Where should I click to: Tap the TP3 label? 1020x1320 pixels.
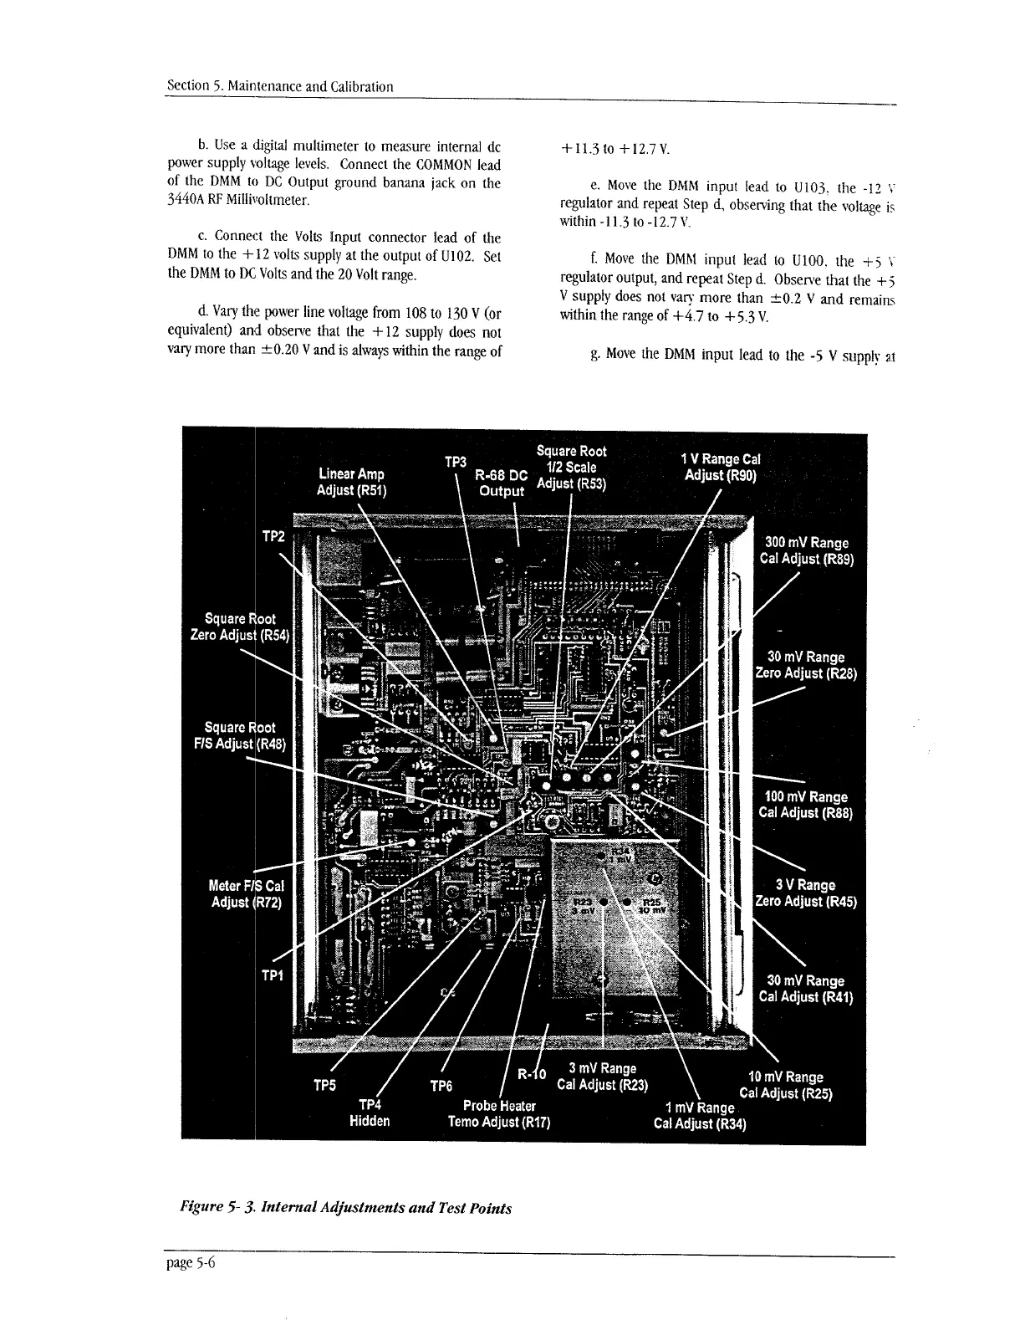(455, 461)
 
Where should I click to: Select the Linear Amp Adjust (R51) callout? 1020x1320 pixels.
(350, 483)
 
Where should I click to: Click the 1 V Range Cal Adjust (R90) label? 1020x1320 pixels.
(720, 468)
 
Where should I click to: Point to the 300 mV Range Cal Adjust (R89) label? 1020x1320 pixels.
(806, 551)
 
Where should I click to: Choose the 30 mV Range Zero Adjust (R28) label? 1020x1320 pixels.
(806, 665)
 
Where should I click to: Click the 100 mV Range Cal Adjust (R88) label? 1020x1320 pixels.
(805, 805)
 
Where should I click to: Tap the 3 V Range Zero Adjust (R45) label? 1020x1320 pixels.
(805, 893)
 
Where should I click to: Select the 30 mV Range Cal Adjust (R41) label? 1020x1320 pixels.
(805, 989)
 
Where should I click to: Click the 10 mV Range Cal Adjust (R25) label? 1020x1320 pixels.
(786, 1085)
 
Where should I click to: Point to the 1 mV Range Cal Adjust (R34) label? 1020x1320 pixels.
(700, 1115)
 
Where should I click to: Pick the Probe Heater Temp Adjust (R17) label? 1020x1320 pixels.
(498, 1114)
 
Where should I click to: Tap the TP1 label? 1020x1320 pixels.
(273, 975)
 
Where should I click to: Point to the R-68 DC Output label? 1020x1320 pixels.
(501, 483)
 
